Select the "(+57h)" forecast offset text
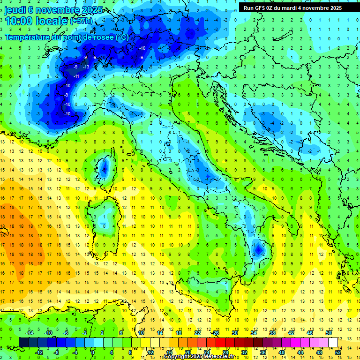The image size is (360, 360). (81, 22)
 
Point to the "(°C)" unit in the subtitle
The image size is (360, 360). (121, 37)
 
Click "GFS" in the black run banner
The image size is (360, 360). (262, 8)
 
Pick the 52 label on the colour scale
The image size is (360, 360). (338, 352)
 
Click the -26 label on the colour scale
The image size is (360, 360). (216, 333)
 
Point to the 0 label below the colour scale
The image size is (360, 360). (93, 352)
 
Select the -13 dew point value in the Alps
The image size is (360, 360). (86, 67)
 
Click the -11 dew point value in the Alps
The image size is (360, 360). (76, 76)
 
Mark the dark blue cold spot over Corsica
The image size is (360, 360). (104, 169)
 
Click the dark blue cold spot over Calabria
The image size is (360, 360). (257, 249)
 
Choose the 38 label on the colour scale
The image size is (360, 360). (272, 333)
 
